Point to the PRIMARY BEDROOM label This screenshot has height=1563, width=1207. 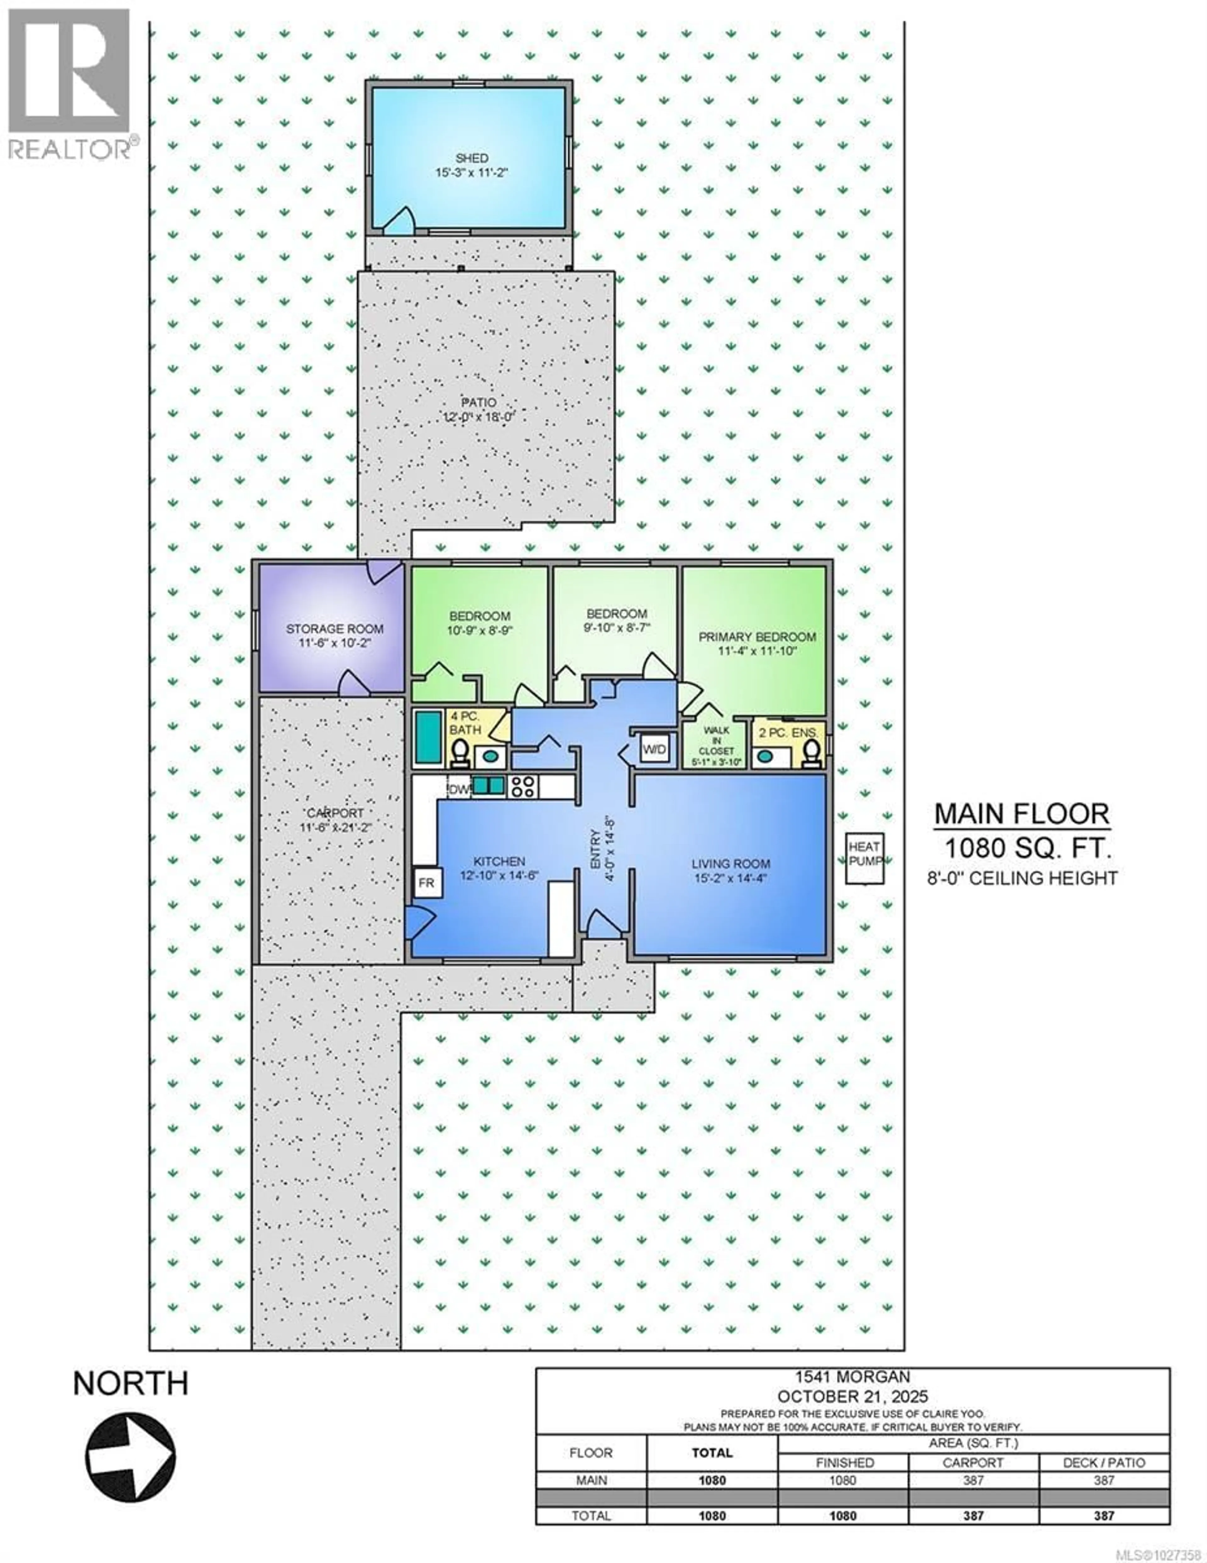coord(757,643)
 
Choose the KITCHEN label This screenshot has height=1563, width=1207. coord(499,868)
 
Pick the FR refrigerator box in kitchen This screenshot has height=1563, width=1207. coord(427,882)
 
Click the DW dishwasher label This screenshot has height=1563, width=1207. coord(458,790)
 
